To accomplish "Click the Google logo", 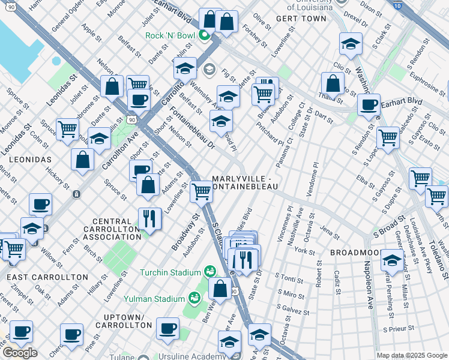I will [19, 353].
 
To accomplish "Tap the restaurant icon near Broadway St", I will [149, 218].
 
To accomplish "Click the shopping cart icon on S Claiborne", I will [201, 191].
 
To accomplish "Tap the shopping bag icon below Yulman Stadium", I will [221, 287].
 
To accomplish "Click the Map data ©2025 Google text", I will [412, 355].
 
